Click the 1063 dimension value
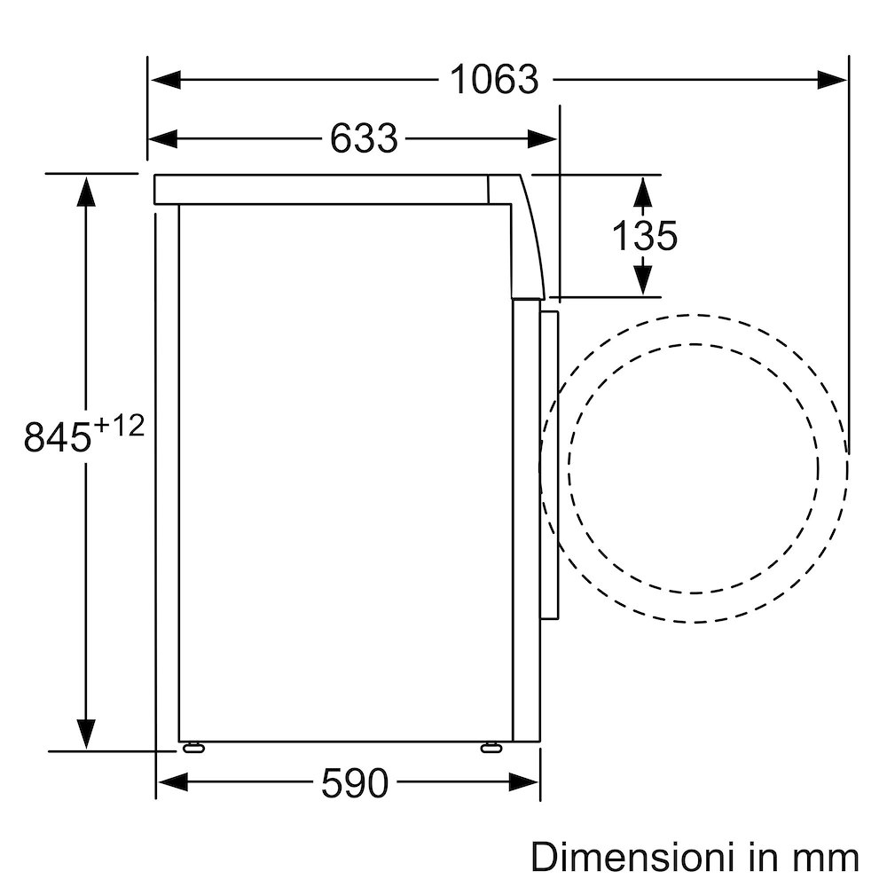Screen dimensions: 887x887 [x=494, y=80]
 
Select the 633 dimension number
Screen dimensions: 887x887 [x=364, y=138]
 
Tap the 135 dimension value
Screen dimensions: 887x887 [x=644, y=236]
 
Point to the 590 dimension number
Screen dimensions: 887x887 [x=354, y=782]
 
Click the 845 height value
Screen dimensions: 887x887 [x=58, y=438]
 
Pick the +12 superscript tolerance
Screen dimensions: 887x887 [x=118, y=427]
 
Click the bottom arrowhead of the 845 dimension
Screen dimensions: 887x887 [x=86, y=734]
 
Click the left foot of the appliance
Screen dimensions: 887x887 [x=192, y=748]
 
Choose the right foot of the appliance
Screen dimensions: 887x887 [x=491, y=748]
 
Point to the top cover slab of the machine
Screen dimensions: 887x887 [x=319, y=189]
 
